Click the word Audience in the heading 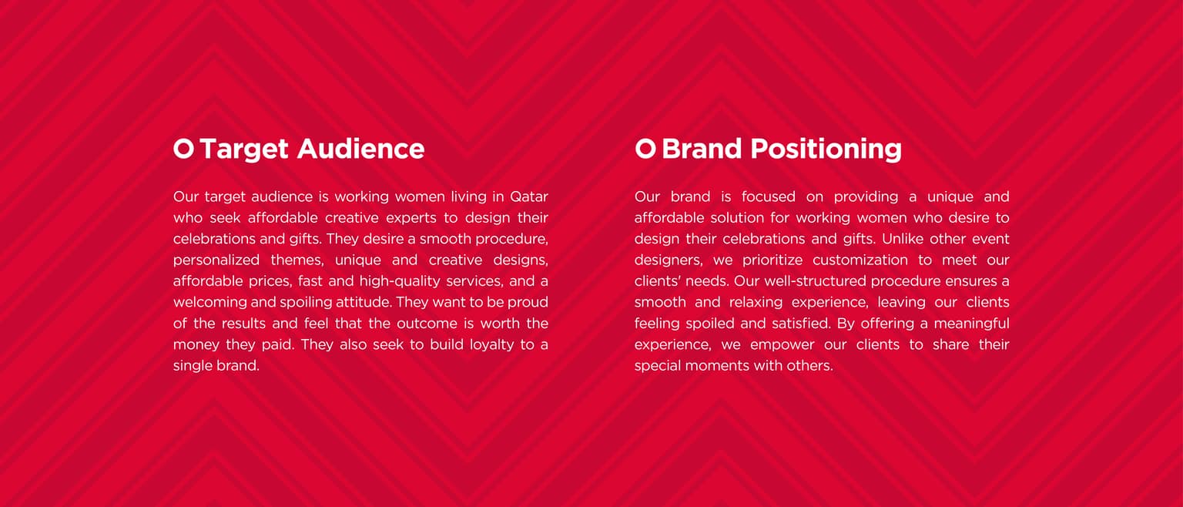360,149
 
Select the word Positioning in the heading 826,149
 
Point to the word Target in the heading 244,149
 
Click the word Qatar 528,197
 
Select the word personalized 216,260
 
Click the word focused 769,197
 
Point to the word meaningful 972,324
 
